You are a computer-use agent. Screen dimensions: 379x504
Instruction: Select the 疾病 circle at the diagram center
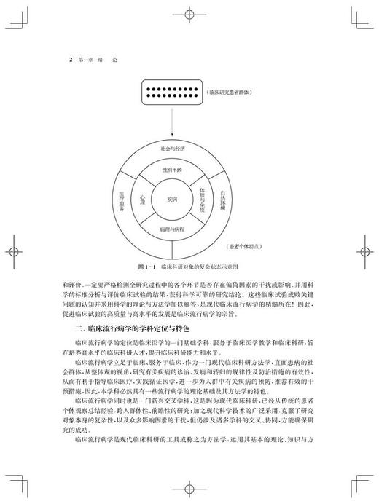pos(171,197)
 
